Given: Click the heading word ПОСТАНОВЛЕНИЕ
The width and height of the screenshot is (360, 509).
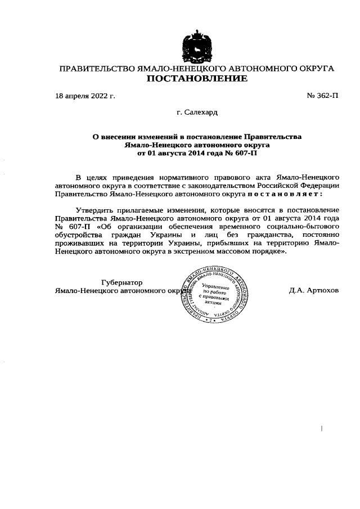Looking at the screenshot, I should [197, 79].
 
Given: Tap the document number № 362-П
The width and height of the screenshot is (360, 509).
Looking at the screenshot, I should [322, 96].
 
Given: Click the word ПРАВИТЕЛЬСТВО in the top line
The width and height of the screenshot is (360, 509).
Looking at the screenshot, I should [97, 69].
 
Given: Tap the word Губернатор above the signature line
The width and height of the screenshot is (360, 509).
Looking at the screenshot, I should [121, 282].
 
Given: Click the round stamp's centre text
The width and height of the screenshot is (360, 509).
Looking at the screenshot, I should [216, 294].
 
